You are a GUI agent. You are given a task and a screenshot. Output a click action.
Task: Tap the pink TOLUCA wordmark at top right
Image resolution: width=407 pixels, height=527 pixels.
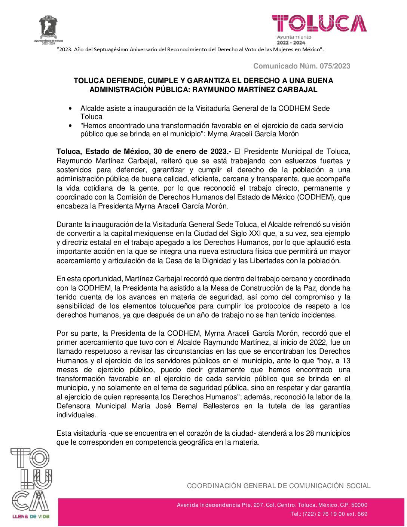[319, 23]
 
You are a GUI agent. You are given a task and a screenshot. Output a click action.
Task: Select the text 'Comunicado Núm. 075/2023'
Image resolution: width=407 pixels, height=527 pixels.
[302, 66]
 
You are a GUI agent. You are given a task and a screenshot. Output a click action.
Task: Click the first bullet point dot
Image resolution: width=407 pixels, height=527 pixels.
[70, 109]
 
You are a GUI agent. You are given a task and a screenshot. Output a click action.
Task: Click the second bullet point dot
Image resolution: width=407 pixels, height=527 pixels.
[70, 126]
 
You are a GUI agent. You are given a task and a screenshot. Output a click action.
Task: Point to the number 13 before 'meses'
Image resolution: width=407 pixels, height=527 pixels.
[346, 361]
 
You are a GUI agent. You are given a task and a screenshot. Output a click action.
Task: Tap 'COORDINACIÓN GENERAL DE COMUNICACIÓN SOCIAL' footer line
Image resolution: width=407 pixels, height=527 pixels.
[279, 486]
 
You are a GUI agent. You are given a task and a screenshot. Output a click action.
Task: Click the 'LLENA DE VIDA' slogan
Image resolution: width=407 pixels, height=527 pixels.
[31, 517]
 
